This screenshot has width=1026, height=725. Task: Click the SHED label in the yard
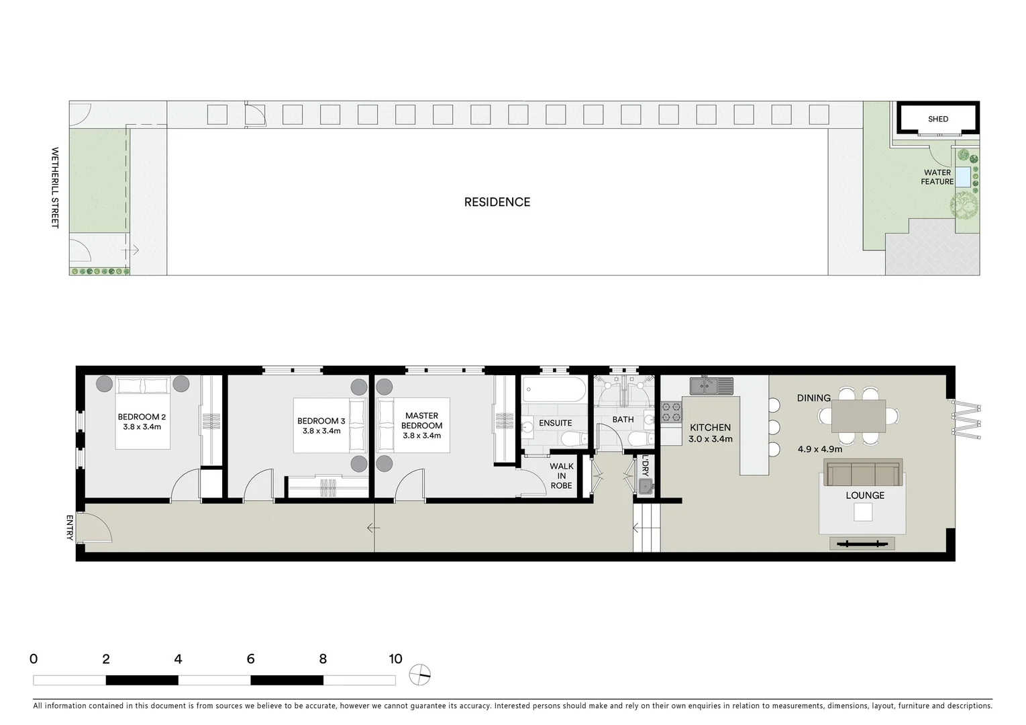click(937, 119)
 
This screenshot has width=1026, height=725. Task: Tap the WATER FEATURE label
click(937, 177)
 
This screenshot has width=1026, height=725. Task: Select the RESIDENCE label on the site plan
click(497, 202)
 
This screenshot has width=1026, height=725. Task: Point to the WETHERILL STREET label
click(55, 188)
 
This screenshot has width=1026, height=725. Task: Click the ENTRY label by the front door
click(69, 528)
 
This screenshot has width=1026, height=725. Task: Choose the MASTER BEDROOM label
click(421, 420)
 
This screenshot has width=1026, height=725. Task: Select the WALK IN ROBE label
click(561, 475)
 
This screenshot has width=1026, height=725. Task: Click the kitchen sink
click(711, 386)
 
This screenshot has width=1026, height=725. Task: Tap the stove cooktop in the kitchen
click(671, 410)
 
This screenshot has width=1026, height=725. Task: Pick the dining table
click(858, 416)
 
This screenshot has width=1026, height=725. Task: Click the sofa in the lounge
click(864, 473)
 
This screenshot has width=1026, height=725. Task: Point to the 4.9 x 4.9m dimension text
click(820, 449)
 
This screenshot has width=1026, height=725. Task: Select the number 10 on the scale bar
click(395, 659)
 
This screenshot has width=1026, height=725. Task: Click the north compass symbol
click(420, 674)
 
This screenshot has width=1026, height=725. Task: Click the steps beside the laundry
click(648, 528)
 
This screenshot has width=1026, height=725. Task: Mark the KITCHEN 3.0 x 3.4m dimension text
click(710, 439)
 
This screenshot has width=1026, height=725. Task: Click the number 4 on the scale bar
click(178, 659)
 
